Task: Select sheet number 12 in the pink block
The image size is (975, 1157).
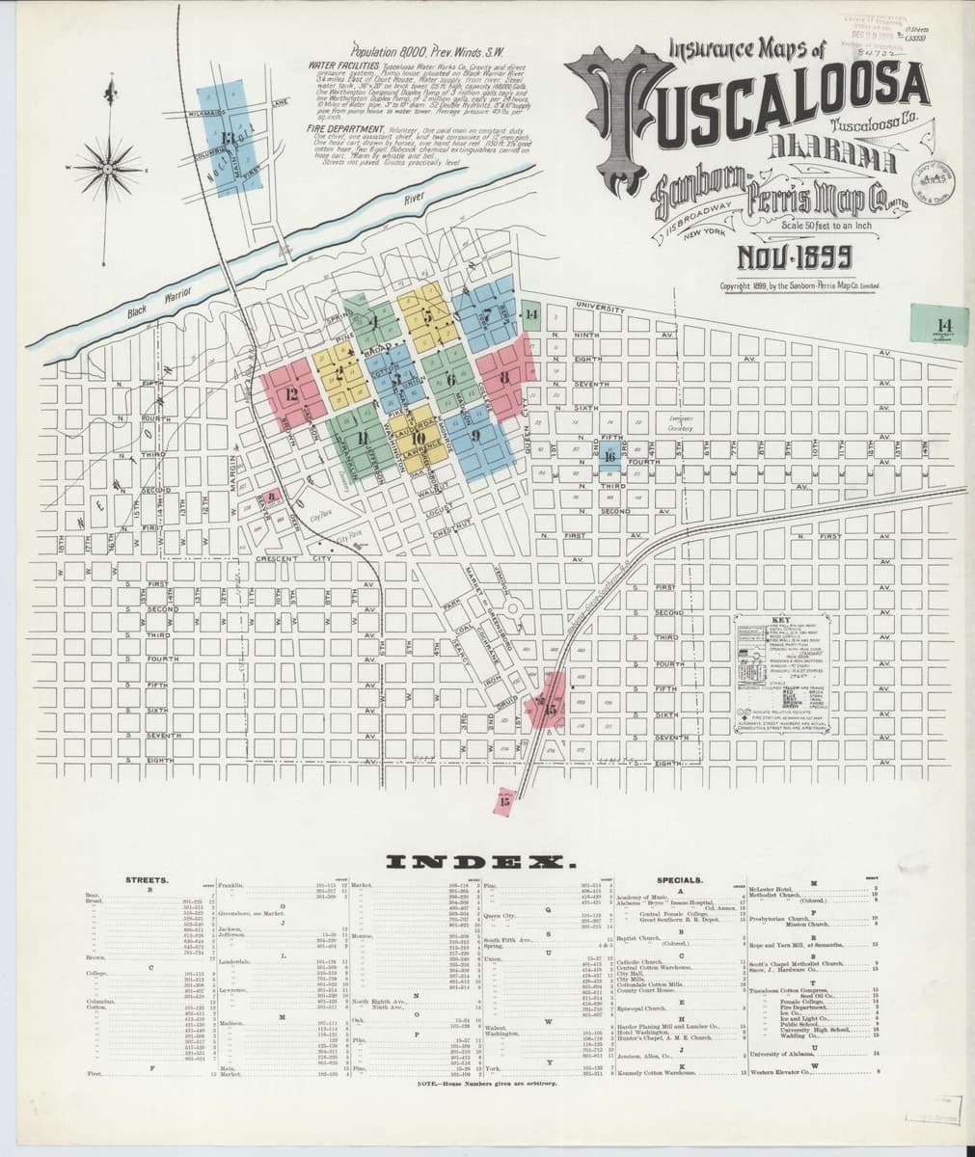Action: point(292,392)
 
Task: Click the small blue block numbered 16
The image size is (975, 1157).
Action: point(609,458)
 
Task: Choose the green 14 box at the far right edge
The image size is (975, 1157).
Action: point(942,324)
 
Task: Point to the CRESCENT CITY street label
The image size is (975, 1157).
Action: point(293,559)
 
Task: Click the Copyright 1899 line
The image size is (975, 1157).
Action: point(799,286)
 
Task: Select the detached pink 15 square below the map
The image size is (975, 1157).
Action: point(504,797)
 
